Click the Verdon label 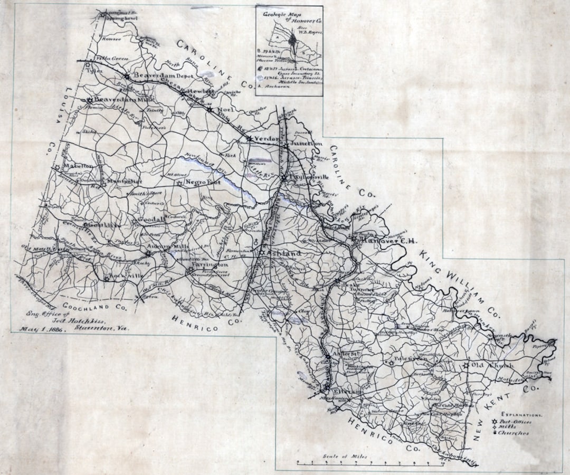click(266, 139)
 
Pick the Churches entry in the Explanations click(515, 433)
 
